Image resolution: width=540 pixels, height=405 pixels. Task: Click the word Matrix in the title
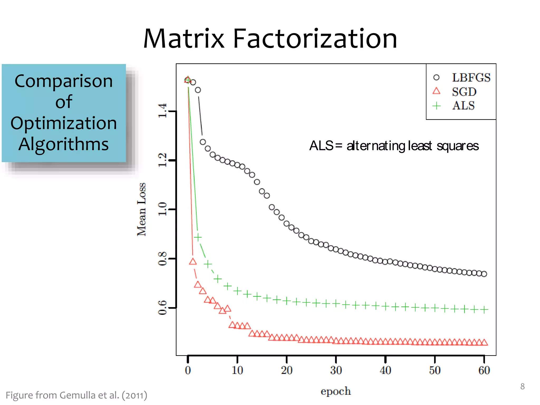pos(184,39)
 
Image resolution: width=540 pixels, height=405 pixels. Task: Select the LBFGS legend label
pos(471,78)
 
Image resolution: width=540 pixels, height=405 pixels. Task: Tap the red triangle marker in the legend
pos(437,91)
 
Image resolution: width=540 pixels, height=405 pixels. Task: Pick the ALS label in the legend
pos(464,105)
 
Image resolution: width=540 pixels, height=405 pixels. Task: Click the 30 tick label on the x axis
pos(336,370)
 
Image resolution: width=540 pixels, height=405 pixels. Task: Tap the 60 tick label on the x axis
pos(484,370)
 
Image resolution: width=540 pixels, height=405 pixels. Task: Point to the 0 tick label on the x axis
pos(188,370)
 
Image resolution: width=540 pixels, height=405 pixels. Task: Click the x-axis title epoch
pos(336,391)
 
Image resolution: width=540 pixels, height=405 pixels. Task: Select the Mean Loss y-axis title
pos(142,209)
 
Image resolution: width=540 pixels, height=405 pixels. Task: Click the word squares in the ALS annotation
pos(457,146)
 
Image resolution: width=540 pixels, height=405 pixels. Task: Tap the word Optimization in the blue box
pos(64,123)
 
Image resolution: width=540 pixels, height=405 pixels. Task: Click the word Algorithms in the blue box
pos(64,144)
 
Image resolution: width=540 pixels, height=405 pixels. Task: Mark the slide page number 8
pos(522,387)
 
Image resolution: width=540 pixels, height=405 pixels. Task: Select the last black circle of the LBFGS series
pos(484,274)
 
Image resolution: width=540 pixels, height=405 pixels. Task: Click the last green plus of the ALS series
pos(484,310)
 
